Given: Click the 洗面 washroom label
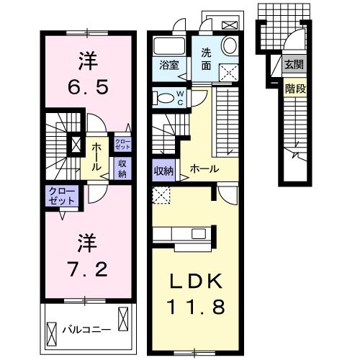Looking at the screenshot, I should pyautogui.click(x=206, y=58).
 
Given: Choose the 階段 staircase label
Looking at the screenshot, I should pyautogui.click(x=294, y=89).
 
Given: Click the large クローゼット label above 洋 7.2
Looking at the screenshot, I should pyautogui.click(x=62, y=195).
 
